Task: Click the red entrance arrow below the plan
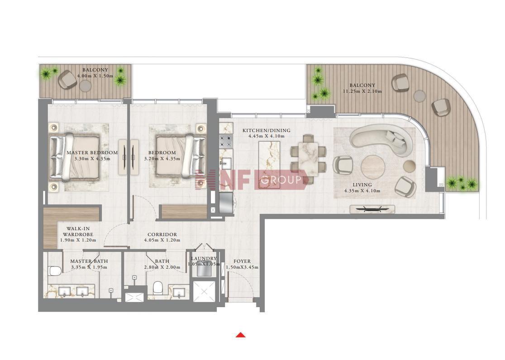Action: (x=241, y=335)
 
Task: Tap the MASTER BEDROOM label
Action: (x=92, y=152)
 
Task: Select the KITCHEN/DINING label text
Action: (x=267, y=130)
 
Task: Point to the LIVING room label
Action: (x=362, y=185)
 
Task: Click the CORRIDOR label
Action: (x=162, y=235)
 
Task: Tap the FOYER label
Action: (x=242, y=261)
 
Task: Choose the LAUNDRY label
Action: (x=204, y=259)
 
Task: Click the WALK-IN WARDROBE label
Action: (x=78, y=232)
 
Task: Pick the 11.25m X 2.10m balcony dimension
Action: (x=362, y=91)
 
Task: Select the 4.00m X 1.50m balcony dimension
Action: (x=95, y=76)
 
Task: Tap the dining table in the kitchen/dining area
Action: (x=308, y=158)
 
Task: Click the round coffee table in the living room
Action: (x=373, y=167)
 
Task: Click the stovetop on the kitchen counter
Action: (x=226, y=142)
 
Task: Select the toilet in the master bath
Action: (x=55, y=271)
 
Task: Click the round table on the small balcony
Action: (x=86, y=86)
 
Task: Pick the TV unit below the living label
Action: (x=372, y=209)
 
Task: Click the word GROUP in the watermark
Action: (x=281, y=180)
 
